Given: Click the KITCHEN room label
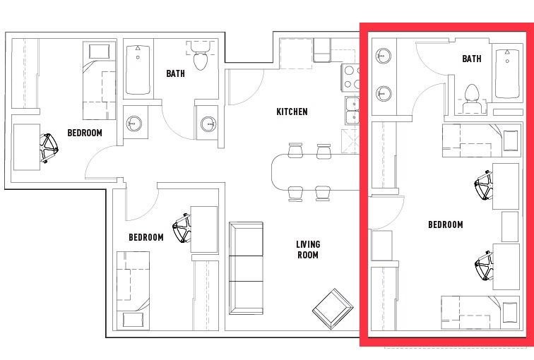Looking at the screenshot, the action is coord(292,112).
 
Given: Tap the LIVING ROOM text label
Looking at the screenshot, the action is coord(308,249).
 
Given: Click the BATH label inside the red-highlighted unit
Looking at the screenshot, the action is coord(472,59).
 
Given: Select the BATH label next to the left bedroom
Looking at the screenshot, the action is coord(175,73).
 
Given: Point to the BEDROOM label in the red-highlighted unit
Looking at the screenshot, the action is coord(446,224).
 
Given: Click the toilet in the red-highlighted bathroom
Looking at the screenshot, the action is coord(472,98).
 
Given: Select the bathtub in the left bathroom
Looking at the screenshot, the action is coord(138,70).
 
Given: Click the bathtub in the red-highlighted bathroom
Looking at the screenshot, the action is coord(507,74).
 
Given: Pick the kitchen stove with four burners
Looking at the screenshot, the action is coord(351,78).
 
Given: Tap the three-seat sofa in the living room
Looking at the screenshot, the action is coord(246,268).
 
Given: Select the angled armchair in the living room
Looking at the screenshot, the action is coord(333,308).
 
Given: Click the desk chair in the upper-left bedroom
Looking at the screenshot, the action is coord(49,148).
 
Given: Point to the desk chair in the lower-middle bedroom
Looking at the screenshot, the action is coord(182,227).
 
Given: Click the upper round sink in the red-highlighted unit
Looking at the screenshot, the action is coord(384,55).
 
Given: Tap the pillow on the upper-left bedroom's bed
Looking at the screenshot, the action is coord(99,52).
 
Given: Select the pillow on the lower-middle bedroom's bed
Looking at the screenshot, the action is coord(133,320).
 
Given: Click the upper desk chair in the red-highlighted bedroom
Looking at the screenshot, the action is coord(484,186).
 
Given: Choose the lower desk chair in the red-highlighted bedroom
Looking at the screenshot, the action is coord(485,266).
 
